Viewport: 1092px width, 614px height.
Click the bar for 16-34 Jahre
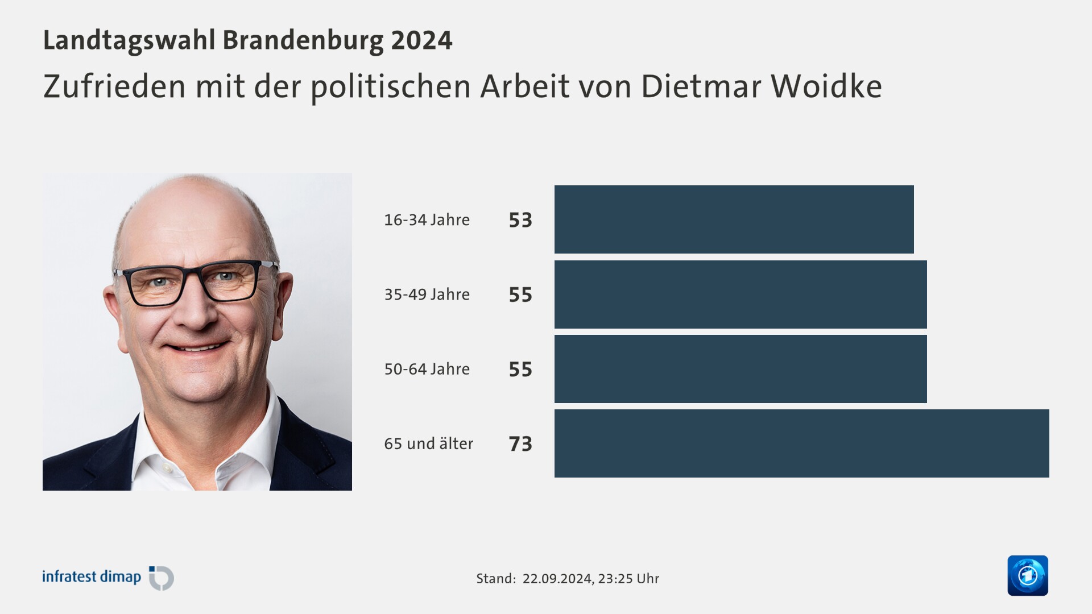[734, 219]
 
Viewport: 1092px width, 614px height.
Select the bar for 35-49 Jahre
[741, 294]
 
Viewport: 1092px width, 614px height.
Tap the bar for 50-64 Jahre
[741, 369]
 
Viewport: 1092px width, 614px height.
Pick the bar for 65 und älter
[801, 443]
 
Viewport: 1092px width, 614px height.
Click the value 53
[520, 220]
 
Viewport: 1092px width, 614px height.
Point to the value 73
[520, 444]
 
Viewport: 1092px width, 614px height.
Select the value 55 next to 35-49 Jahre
[520, 294]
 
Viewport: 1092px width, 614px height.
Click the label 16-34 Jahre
[427, 219]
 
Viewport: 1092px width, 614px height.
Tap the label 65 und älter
[428, 443]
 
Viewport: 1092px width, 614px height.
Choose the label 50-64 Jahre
[427, 369]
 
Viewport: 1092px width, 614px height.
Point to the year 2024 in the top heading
[421, 40]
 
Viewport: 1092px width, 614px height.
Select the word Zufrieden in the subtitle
[114, 86]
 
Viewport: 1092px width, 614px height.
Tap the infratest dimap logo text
[92, 577]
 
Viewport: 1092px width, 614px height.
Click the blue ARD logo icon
[1027, 575]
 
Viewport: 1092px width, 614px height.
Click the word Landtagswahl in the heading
[129, 40]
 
